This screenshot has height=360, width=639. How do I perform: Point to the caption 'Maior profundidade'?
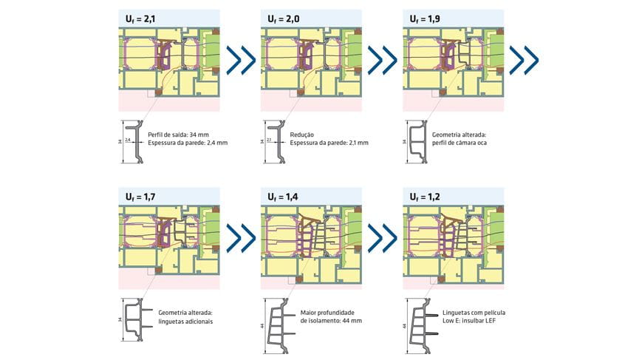pyautogui.click(x=332, y=313)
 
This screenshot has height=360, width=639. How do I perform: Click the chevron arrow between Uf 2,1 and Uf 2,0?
pyautogui.click(x=240, y=59)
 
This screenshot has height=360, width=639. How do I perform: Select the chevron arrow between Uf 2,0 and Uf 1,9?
pyautogui.click(x=383, y=59)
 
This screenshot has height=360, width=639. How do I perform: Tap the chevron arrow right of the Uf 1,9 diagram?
pyautogui.click(x=525, y=59)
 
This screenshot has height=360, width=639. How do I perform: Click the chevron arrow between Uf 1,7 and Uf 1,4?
pyautogui.click(x=240, y=239)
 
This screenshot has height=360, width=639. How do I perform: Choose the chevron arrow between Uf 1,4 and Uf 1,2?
pyautogui.click(x=383, y=239)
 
